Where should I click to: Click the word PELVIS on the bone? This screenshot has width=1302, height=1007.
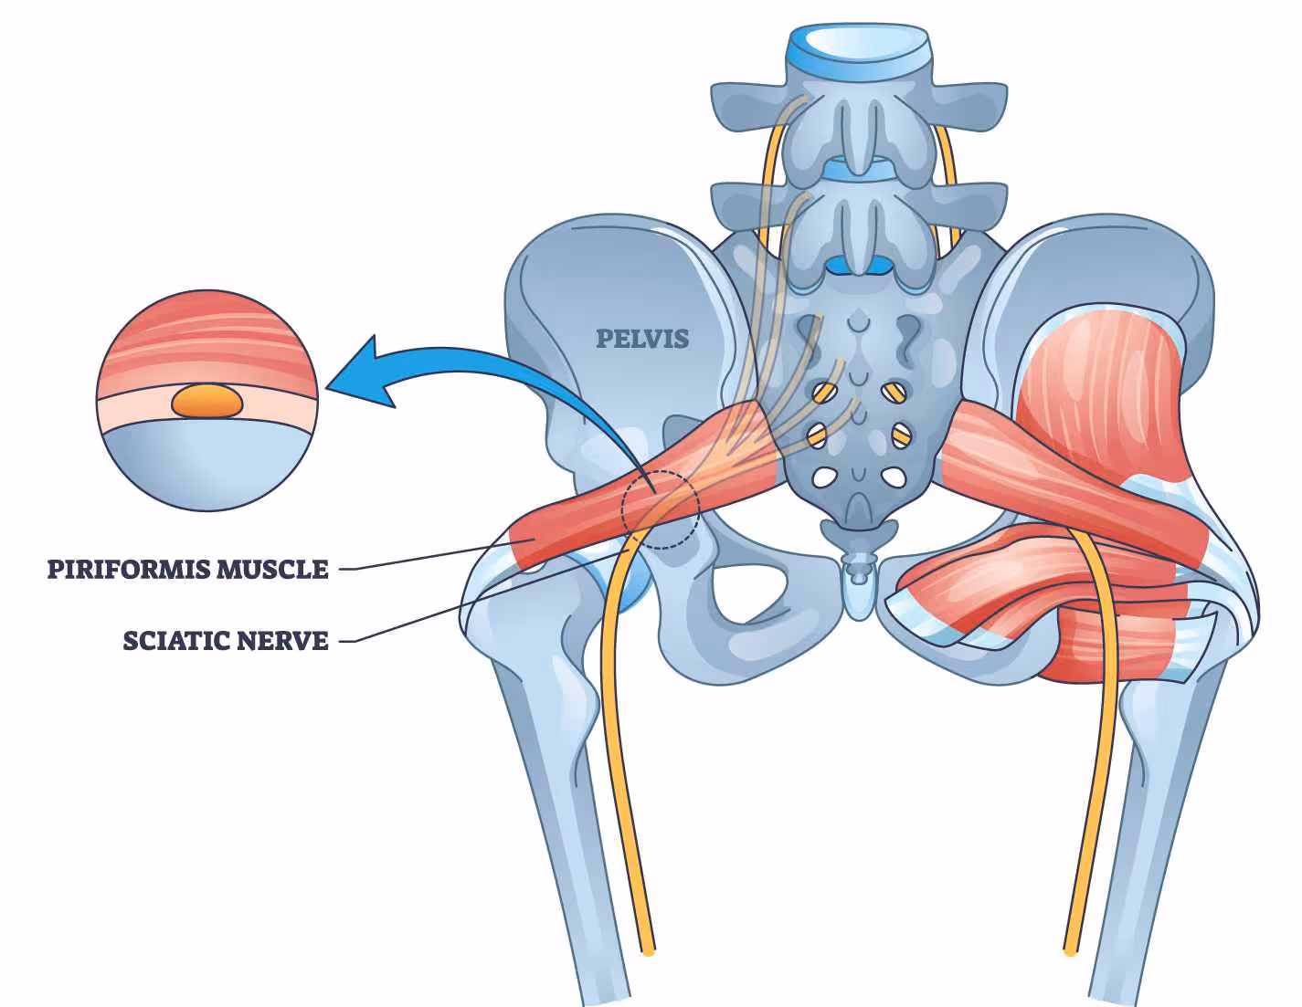tap(642, 339)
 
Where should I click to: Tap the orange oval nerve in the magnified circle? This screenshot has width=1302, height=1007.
tap(208, 401)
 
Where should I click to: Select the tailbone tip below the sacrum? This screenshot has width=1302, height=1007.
tap(858, 593)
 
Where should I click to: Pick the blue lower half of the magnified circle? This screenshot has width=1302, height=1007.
tap(208, 466)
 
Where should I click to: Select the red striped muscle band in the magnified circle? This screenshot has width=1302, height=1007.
tap(208, 342)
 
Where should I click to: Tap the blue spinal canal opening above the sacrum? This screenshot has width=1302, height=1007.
tap(858, 266)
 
